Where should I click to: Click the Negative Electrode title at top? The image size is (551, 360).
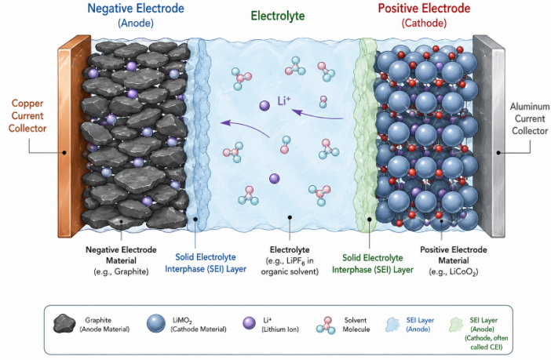[x=136, y=9]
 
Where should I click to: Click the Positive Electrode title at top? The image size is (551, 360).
[x=424, y=9]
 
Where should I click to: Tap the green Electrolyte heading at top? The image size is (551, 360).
[x=278, y=16]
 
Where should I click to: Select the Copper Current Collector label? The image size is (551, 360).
[x=27, y=116]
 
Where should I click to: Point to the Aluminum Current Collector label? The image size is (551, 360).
[x=530, y=118]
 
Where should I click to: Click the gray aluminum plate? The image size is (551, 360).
[x=489, y=136]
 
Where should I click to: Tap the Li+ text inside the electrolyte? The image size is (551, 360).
[x=284, y=101]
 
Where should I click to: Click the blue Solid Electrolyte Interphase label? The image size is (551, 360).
[x=206, y=263]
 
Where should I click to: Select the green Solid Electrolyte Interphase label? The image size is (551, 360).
[x=373, y=264]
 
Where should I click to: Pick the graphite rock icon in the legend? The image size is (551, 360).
[x=64, y=323]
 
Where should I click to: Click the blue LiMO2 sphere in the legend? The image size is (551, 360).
[x=156, y=323]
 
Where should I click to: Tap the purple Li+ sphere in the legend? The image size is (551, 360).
[x=249, y=323]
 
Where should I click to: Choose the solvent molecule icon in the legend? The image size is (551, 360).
[x=325, y=325]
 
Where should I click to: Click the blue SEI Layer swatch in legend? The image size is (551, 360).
[x=392, y=325]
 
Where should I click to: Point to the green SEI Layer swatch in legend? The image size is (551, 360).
[x=456, y=325]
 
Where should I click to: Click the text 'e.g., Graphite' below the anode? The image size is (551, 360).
[x=121, y=271]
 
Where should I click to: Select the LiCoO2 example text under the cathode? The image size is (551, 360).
[x=454, y=272]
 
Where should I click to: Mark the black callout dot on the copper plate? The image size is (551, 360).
[x=64, y=152]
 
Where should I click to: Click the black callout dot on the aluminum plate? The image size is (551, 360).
[x=498, y=152]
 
